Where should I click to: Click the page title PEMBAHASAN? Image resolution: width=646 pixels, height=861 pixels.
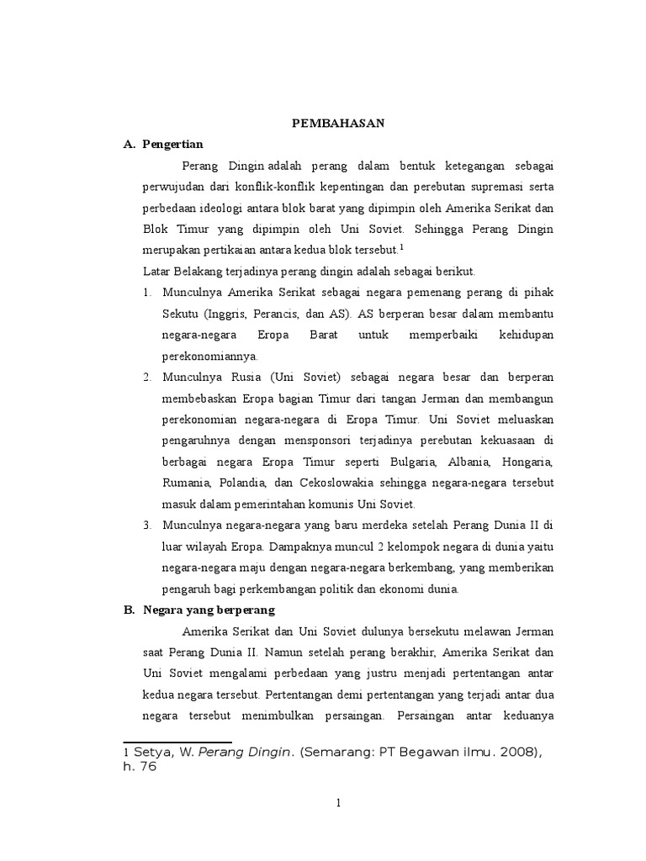click(x=337, y=123)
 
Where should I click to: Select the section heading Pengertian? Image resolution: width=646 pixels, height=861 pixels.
click(x=173, y=144)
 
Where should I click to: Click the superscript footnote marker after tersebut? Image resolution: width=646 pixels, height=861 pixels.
click(x=402, y=247)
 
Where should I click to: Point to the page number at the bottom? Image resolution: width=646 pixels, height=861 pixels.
click(x=338, y=803)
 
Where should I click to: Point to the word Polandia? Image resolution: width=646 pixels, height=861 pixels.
click(x=243, y=483)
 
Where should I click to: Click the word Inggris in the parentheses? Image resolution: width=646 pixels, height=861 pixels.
click(x=220, y=313)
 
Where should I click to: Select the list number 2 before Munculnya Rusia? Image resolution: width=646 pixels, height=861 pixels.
click(x=146, y=377)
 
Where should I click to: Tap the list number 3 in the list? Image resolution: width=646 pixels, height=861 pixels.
click(x=146, y=526)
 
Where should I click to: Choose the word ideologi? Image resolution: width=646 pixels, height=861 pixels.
click(x=218, y=207)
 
